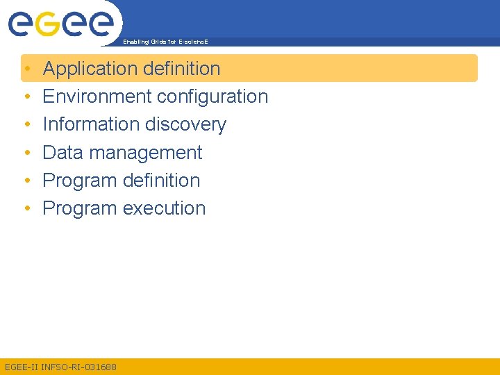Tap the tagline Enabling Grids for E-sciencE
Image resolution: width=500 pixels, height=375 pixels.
[165, 42]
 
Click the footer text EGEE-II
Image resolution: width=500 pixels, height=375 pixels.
[21, 367]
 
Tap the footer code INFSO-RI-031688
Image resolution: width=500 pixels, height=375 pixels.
[79, 367]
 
